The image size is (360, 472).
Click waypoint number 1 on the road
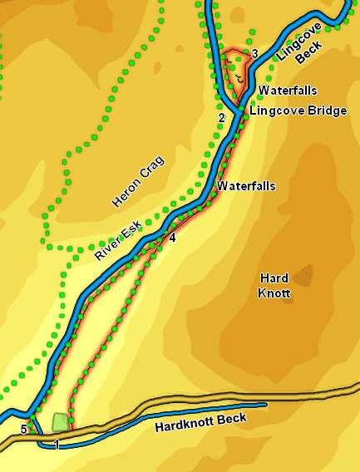coord(57,445)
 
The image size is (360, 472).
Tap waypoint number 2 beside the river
coord(221,118)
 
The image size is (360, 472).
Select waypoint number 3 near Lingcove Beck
coord(254,54)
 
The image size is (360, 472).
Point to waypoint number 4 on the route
coord(173,238)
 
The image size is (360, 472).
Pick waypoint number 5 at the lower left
coord(23,429)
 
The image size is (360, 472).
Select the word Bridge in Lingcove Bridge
coord(327,111)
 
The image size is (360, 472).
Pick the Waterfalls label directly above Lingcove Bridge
coord(288,90)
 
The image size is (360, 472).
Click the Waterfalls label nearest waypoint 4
coord(246,187)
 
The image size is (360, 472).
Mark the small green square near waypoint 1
coord(59,423)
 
